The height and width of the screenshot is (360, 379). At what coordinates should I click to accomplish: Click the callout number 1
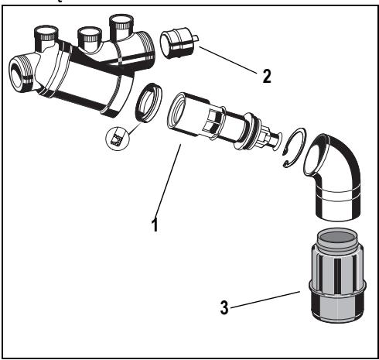pos(155,225)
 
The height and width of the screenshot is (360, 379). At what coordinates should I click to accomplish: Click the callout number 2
pos(267,76)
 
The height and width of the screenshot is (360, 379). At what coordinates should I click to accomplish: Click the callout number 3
pos(224,307)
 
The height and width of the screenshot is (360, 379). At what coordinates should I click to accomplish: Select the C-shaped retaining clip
pos(294,147)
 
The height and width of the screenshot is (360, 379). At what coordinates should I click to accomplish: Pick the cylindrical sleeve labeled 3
pos(338,275)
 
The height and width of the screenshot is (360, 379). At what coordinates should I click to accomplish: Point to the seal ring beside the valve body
pos(149,103)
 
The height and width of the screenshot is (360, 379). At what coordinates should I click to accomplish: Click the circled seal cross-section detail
pos(117,139)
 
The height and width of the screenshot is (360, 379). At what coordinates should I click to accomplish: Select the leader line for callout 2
pos(228,60)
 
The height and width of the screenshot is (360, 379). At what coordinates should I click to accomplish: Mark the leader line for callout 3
pos(265,300)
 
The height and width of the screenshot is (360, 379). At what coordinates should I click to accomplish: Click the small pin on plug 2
pos(196,38)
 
